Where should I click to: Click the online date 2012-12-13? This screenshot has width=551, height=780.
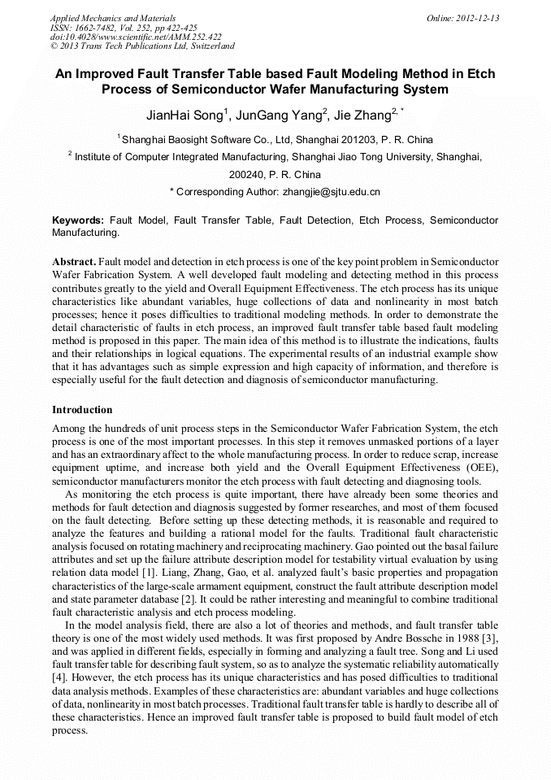[x=478, y=18]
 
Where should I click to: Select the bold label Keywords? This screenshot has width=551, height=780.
[x=78, y=220]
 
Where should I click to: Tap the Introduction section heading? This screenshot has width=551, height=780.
[x=82, y=409]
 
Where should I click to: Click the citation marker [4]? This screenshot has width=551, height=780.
[x=59, y=677]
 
